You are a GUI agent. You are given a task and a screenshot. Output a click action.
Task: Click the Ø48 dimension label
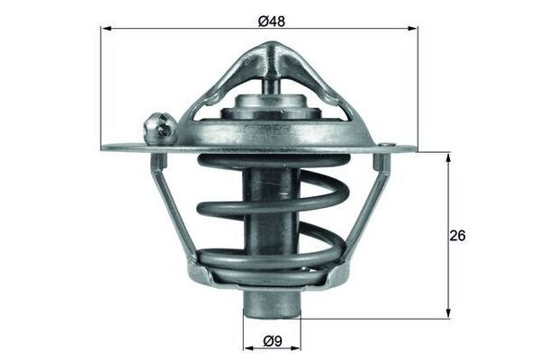(273, 19)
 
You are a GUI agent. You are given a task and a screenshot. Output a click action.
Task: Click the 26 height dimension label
(459, 236)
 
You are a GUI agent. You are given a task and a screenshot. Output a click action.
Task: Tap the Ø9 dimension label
(274, 341)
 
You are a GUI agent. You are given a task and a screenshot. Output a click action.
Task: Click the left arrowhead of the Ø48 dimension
(104, 29)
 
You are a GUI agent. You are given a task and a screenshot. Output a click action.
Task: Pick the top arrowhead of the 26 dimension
(447, 155)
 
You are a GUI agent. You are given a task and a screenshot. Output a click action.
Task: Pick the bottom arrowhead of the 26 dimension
(447, 314)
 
